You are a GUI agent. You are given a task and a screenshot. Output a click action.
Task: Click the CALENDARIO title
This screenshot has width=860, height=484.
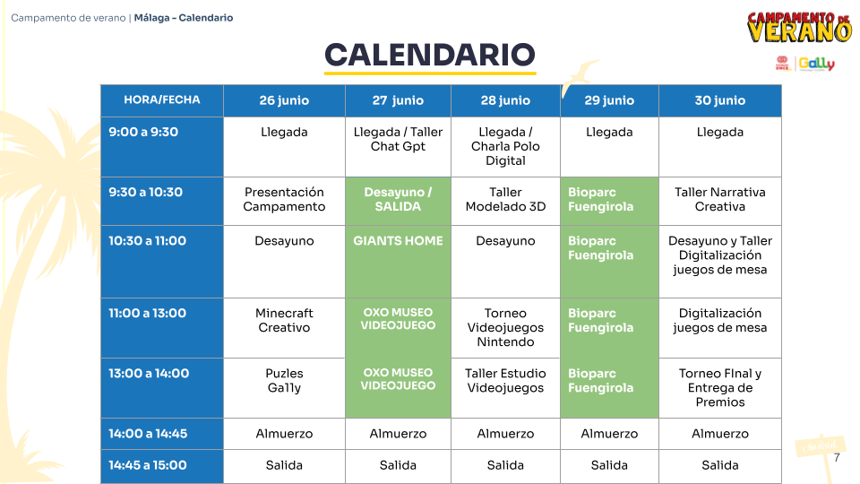tap(429, 55)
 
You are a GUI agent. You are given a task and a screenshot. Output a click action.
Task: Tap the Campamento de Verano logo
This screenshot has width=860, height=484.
tap(799, 27)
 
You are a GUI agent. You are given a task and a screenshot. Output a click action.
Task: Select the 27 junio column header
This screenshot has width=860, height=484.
tap(398, 100)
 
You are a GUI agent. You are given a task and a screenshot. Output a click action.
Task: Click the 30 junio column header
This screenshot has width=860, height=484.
tap(719, 100)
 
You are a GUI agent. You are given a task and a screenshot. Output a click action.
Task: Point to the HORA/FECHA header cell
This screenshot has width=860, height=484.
tap(162, 100)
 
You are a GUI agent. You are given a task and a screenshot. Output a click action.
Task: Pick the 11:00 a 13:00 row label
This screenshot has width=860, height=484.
tap(162, 328)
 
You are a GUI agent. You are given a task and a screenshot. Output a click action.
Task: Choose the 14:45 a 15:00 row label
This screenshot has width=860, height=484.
tap(162, 466)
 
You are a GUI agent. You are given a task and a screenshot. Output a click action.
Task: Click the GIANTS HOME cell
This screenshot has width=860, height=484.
tap(398, 262)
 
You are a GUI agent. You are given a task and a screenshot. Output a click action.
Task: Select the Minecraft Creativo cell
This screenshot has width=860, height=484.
tap(284, 328)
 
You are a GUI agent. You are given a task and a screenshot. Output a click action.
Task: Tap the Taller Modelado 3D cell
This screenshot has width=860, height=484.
tap(505, 201)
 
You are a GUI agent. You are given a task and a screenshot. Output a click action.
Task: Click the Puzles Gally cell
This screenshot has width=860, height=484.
tap(284, 388)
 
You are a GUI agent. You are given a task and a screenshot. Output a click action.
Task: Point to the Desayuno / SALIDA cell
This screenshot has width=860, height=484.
tap(398, 201)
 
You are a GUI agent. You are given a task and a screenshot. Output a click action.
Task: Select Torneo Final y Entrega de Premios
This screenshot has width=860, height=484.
tap(719, 388)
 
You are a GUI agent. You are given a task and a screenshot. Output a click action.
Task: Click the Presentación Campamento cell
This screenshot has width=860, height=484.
tap(284, 201)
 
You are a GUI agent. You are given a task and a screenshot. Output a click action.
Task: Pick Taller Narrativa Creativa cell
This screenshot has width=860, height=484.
tap(719, 201)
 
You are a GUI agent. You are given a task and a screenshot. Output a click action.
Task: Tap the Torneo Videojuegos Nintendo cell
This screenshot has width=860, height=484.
tap(505, 328)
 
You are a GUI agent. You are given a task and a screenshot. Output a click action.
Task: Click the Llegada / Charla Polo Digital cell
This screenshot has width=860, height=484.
tap(505, 146)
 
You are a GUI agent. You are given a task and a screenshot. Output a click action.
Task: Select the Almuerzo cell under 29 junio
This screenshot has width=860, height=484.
tap(609, 434)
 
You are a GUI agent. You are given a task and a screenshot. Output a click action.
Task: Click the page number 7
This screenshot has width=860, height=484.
tap(837, 458)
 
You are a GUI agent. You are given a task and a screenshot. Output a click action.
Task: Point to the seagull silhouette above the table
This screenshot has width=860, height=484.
tap(580, 75)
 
